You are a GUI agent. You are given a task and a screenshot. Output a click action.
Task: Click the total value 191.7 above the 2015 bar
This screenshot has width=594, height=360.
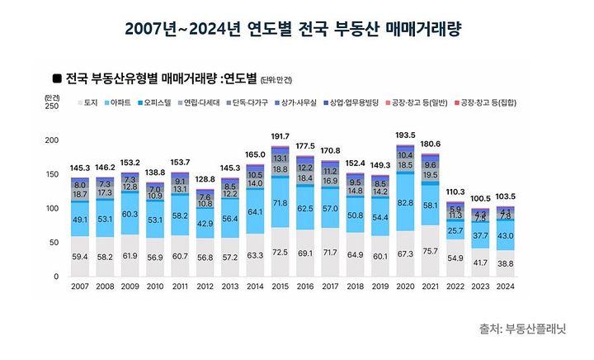[x=280, y=135]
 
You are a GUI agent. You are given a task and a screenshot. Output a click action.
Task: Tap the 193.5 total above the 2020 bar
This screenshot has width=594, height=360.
[x=405, y=134]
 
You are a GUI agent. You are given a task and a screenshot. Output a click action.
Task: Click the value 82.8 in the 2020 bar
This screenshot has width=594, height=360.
[x=405, y=201]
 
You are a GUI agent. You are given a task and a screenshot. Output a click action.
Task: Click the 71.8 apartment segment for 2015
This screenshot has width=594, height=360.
[x=280, y=202]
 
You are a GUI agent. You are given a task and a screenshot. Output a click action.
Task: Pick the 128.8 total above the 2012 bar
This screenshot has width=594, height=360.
[x=205, y=178]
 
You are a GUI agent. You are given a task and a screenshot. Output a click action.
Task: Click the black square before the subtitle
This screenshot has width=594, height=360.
[x=57, y=78]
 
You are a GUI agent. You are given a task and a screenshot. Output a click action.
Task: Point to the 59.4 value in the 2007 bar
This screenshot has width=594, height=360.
[x=80, y=257]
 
